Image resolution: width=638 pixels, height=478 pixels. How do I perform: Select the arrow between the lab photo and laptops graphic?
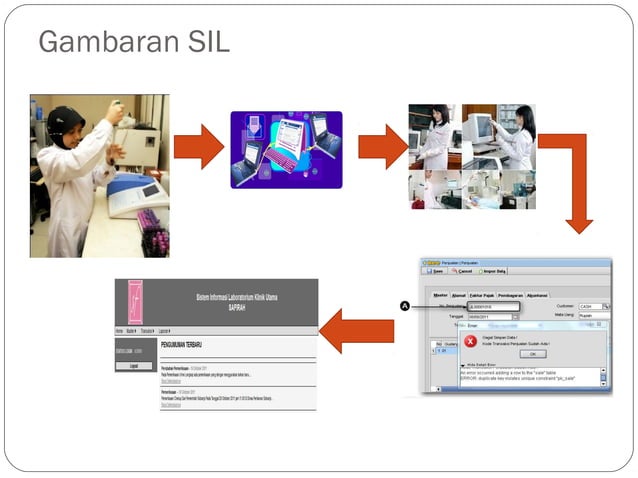pos(198,146)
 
